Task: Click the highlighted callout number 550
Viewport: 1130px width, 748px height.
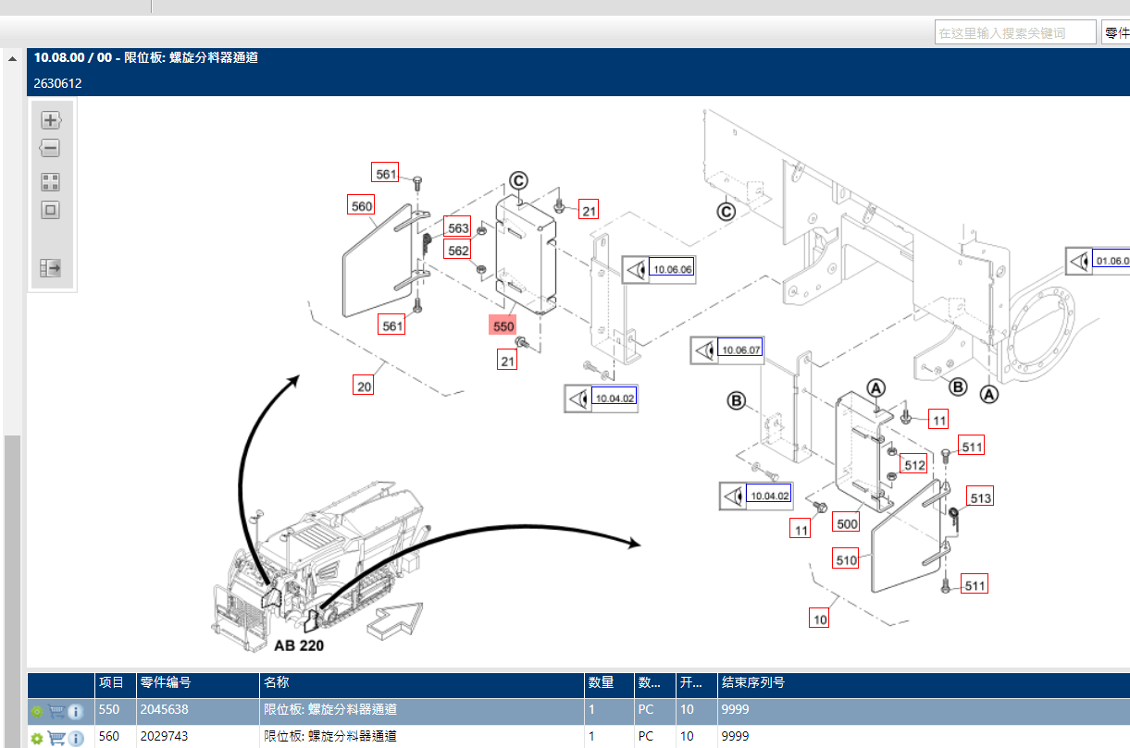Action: (x=503, y=325)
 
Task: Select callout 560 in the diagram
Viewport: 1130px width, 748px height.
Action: (x=361, y=206)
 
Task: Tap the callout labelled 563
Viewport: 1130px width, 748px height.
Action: (x=458, y=227)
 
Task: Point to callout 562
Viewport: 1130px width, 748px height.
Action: (x=458, y=250)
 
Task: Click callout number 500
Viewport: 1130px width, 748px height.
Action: (x=847, y=522)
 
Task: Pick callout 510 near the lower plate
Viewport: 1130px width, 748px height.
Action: (x=846, y=559)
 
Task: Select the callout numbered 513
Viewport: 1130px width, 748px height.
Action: (x=980, y=498)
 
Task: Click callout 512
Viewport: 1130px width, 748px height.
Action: (x=914, y=465)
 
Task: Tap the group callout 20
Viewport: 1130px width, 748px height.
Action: (x=365, y=386)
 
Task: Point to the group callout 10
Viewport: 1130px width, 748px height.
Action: (x=820, y=619)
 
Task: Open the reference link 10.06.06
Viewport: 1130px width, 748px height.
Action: (x=672, y=269)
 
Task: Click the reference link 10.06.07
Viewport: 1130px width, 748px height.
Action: (x=741, y=350)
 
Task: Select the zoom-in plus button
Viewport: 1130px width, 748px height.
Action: (x=51, y=120)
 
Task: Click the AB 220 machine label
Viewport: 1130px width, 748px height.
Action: (x=299, y=645)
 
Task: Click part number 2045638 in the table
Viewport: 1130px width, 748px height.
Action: (x=163, y=710)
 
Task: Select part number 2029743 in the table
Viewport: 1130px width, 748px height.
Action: (x=163, y=737)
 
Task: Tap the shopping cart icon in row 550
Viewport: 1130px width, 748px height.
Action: (x=56, y=711)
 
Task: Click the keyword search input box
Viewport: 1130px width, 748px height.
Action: (x=1014, y=32)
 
